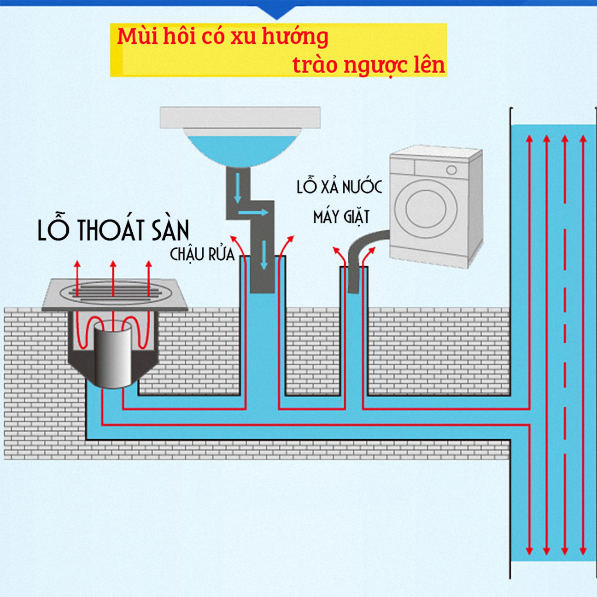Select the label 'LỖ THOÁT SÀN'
(x=113, y=230)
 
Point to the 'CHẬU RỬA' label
(x=202, y=254)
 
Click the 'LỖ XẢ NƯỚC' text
(x=339, y=187)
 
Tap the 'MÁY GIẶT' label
(x=341, y=217)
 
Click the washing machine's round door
(x=426, y=209)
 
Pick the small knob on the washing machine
(x=451, y=170)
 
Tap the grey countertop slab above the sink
(x=240, y=117)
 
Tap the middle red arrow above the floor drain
(x=113, y=276)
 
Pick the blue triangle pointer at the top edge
(x=277, y=12)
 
